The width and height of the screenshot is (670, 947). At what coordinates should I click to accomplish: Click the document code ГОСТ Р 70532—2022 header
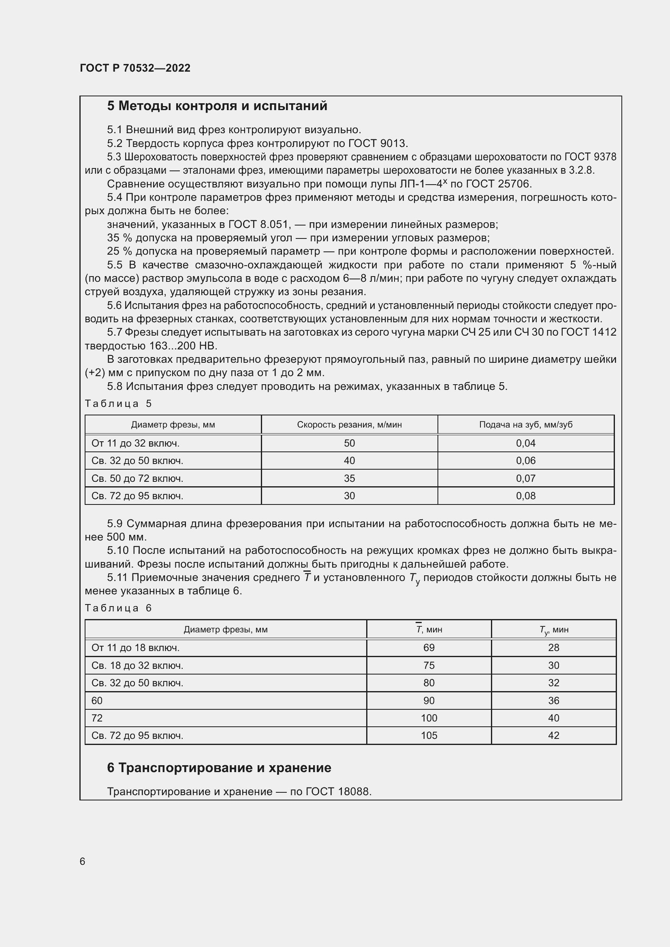click(135, 68)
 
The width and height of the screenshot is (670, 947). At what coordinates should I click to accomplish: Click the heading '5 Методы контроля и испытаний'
click(217, 106)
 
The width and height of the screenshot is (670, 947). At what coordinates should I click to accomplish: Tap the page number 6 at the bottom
click(83, 861)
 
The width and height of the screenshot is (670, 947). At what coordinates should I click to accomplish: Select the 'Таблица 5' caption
click(118, 403)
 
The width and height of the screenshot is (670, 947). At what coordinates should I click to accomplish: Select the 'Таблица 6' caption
click(118, 608)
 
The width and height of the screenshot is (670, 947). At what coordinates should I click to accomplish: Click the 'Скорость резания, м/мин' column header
click(349, 424)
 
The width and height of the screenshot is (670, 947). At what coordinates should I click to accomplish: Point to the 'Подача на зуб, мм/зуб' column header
click(526, 424)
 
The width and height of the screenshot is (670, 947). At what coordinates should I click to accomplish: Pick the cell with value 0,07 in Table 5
click(526, 479)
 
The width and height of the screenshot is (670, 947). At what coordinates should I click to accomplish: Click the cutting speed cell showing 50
click(349, 443)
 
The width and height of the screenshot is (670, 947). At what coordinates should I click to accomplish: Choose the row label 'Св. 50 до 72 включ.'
click(137, 479)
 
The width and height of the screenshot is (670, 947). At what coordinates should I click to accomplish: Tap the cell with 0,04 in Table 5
click(526, 443)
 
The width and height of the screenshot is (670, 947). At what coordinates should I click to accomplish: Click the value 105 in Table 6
click(429, 735)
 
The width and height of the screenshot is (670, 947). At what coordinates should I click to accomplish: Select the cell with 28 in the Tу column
click(553, 647)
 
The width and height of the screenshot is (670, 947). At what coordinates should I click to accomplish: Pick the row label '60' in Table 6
click(97, 700)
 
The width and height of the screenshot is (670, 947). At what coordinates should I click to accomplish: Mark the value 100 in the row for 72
click(429, 718)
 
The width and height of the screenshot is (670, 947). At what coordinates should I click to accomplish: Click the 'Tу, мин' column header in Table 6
click(553, 630)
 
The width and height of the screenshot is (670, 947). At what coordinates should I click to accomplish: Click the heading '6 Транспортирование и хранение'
click(219, 768)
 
